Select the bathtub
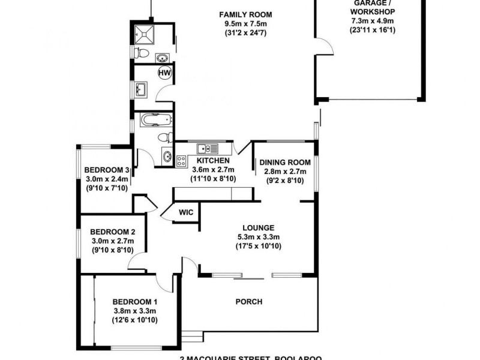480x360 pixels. coord(156,121)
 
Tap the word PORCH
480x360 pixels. coord(250,301)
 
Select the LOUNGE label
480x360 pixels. coord(258,227)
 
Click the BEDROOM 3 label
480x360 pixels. coord(107,169)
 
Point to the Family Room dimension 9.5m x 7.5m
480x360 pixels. coord(245,24)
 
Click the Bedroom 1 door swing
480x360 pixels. coord(163,282)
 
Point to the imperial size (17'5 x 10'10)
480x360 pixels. coord(258,246)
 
